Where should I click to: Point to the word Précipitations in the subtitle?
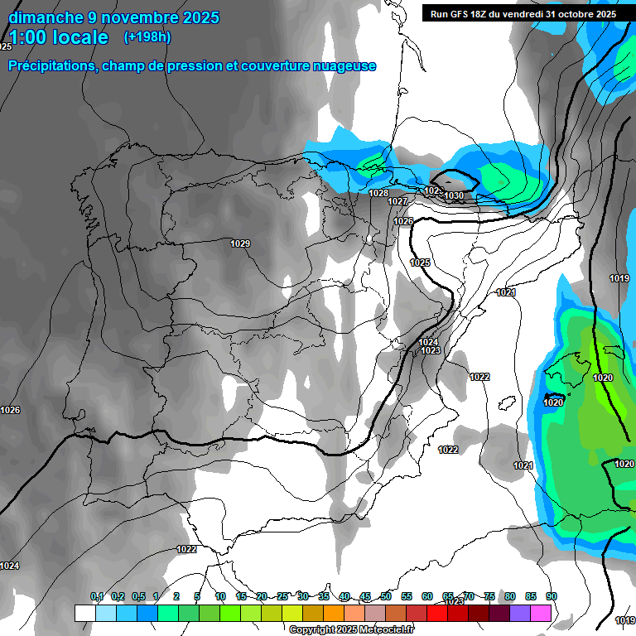click(51, 66)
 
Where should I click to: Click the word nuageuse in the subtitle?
click(343, 66)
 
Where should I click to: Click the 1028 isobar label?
click(378, 193)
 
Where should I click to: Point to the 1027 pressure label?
click(397, 201)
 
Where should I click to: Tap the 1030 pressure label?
click(454, 195)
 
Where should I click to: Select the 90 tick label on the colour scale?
click(551, 597)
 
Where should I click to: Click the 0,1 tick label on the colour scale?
click(97, 597)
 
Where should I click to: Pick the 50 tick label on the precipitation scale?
click(386, 597)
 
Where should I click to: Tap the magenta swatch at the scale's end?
click(541, 613)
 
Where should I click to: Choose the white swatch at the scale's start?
click(84, 613)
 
